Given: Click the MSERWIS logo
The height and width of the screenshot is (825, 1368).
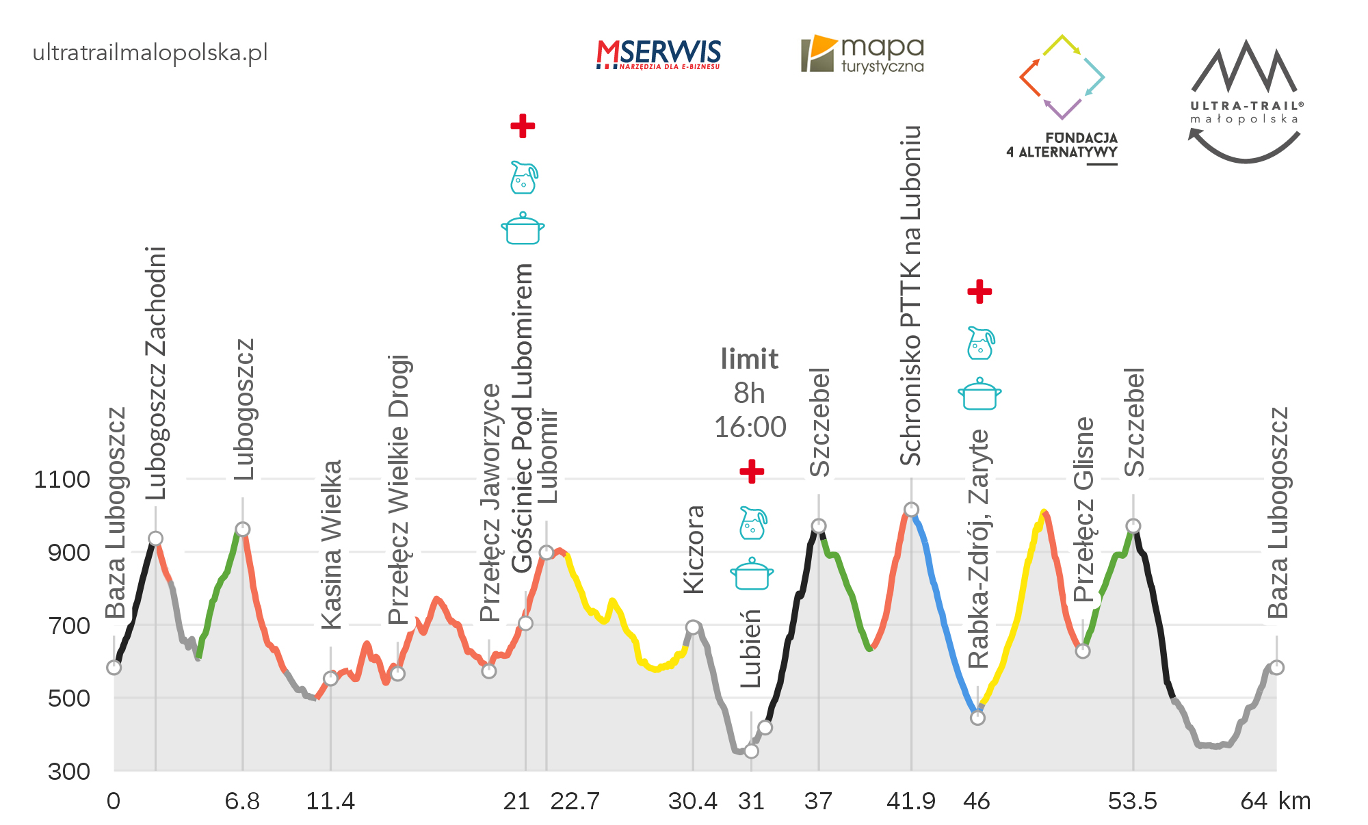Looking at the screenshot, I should [658, 54].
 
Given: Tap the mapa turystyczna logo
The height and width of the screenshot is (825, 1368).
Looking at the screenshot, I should [863, 54].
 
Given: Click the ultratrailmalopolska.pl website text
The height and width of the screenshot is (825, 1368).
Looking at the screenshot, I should [150, 53].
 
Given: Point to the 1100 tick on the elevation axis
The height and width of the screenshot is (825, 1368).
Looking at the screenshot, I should [62, 480].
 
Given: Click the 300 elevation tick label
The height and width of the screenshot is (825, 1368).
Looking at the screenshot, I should [69, 772].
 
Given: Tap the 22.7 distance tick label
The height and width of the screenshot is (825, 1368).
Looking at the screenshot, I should [575, 801].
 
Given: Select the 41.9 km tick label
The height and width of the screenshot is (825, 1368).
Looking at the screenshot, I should [910, 801].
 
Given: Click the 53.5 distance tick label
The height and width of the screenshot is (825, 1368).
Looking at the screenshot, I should [1132, 801].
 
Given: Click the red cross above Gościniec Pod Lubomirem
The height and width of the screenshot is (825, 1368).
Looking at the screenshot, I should [523, 126].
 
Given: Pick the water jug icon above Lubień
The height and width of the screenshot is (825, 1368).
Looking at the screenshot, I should [752, 523].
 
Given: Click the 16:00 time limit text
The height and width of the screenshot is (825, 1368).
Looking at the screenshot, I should [750, 428].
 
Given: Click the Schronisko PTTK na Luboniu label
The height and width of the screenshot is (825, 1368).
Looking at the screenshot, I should [910, 296].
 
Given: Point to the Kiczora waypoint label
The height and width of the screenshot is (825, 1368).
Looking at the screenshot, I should [694, 549].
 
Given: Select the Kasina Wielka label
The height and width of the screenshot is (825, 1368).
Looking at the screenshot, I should [331, 545].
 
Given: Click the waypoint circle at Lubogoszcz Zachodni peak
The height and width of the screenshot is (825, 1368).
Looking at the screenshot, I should [156, 538].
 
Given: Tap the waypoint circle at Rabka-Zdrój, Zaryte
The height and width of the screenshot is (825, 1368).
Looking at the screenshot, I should [978, 718].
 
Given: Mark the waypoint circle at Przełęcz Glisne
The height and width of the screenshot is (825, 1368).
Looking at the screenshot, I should [1083, 651].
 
